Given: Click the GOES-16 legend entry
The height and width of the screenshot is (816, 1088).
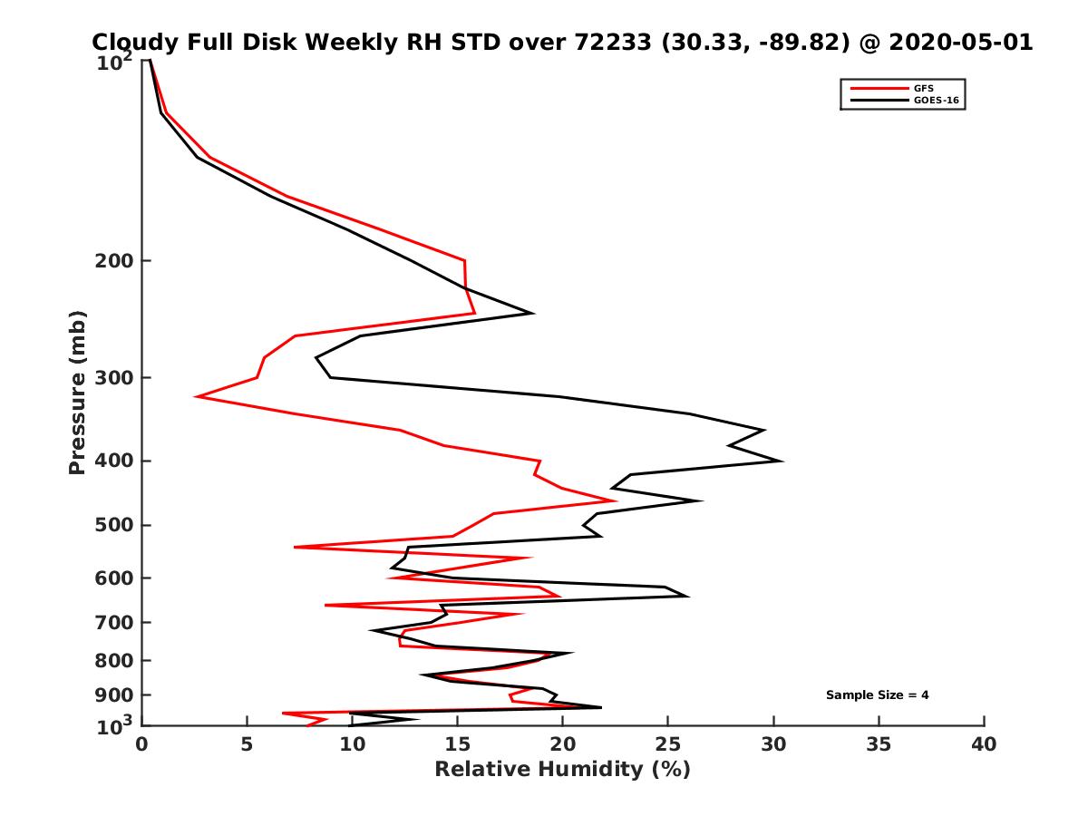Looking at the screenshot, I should tap(933, 100).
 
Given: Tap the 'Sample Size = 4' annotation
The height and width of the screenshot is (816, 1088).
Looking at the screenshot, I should tap(877, 695).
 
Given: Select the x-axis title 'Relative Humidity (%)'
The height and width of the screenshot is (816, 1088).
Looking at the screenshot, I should tap(562, 770).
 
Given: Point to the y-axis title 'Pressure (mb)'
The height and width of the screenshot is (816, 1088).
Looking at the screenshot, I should tap(77, 392).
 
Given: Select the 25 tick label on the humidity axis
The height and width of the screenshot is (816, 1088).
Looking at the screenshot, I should tap(667, 744).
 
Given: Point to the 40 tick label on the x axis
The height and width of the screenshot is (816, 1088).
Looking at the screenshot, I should tap(984, 744).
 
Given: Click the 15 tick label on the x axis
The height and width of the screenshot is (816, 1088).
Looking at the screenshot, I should tap(457, 744).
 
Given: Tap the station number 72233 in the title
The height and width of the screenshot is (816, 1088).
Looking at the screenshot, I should tap(614, 43).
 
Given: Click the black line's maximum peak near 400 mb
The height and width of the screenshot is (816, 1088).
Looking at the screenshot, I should tap(782, 461).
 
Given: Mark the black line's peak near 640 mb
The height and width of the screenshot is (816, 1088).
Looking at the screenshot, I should tap(688, 596).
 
